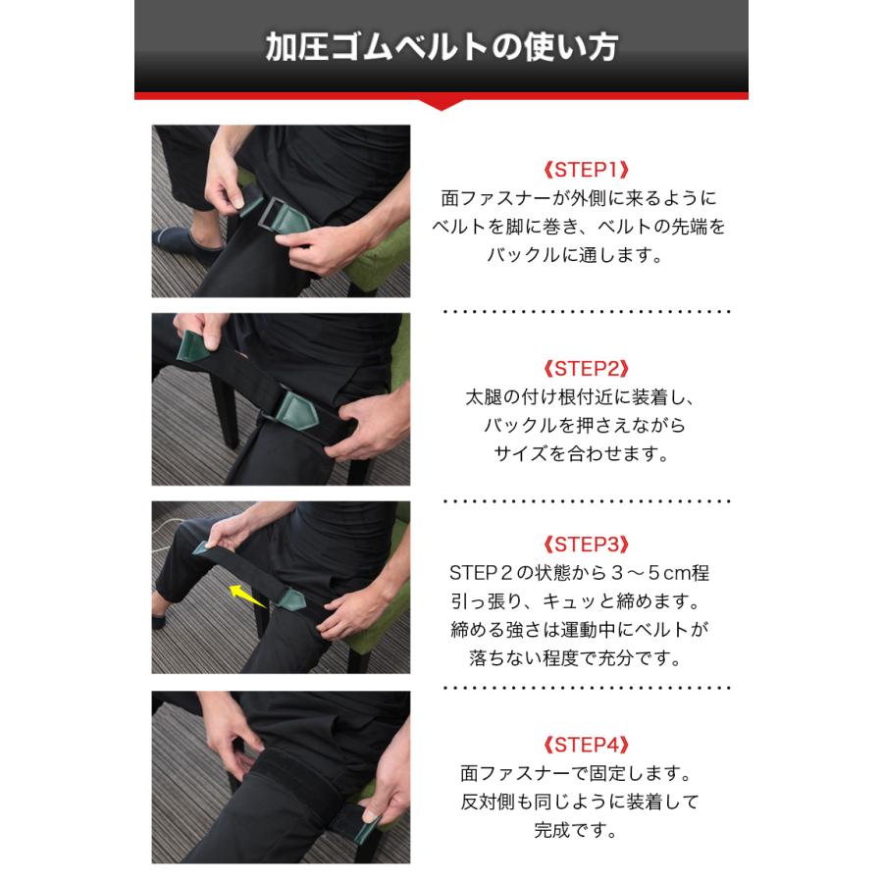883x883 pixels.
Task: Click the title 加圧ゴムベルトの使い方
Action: click(x=441, y=48)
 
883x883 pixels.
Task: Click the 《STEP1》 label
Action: click(x=586, y=169)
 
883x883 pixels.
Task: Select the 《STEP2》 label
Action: click(x=586, y=369)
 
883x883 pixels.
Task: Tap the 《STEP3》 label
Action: click(x=586, y=545)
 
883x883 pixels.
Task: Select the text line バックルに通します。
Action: click(x=587, y=255)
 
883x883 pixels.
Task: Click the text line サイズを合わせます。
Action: click(x=587, y=454)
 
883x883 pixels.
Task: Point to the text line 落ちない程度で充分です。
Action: click(x=587, y=657)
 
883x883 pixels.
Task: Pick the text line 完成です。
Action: click(x=587, y=830)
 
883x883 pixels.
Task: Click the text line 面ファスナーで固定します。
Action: click(x=587, y=773)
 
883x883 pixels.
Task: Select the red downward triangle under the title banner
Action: click(x=441, y=101)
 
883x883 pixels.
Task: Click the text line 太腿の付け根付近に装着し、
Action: click(x=587, y=398)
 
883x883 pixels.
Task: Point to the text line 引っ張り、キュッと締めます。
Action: click(x=587, y=601)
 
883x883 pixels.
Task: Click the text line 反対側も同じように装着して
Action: click(x=587, y=802)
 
